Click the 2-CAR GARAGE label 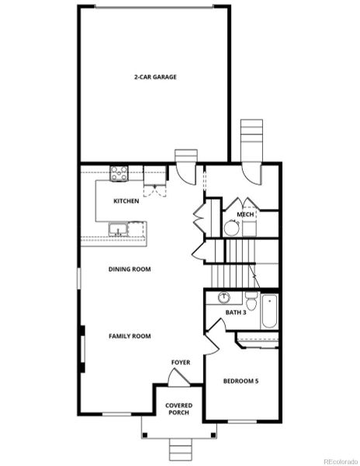click(155, 77)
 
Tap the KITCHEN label click(126, 201)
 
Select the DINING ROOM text click(130, 270)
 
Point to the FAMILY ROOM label click(130, 336)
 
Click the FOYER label click(181, 363)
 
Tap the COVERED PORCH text click(178, 409)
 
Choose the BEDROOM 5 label click(241, 381)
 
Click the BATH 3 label click(236, 313)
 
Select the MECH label click(245, 214)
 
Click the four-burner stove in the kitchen click(119, 173)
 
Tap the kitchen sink click(118, 229)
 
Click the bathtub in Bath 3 click(269, 311)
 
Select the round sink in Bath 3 click(224, 297)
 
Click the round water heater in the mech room click(231, 228)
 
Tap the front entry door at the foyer click(178, 378)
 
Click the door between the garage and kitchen click(186, 174)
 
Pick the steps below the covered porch click(181, 450)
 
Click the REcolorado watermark click(341, 462)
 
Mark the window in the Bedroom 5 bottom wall click(242, 421)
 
